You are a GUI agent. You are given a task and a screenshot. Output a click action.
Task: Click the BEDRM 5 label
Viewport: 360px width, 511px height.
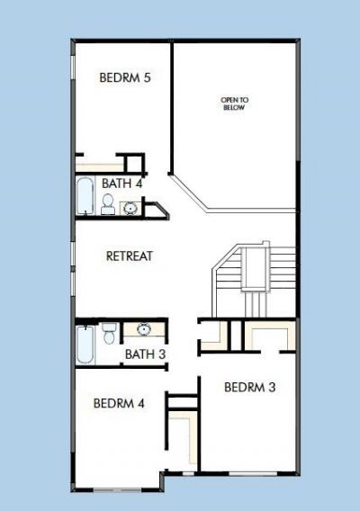pyautogui.click(x=124, y=78)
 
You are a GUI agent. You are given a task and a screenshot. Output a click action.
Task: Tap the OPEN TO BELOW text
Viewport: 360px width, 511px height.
pyautogui.click(x=234, y=103)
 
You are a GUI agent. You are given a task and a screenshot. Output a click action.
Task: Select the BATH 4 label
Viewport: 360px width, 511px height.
pyautogui.click(x=121, y=184)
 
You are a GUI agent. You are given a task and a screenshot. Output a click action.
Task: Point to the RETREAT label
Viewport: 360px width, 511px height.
pyautogui.click(x=130, y=255)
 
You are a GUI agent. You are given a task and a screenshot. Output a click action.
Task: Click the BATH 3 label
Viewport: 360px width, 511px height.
pyautogui.click(x=145, y=354)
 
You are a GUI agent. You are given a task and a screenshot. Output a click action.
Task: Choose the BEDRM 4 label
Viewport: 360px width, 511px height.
pyautogui.click(x=119, y=403)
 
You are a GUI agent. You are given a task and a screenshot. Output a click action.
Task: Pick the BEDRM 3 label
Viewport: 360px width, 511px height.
pyautogui.click(x=249, y=388)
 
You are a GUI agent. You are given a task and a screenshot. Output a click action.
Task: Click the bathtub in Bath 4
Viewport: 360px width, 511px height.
pyautogui.click(x=84, y=198)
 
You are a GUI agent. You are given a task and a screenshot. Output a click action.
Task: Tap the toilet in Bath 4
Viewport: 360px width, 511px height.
pyautogui.click(x=108, y=206)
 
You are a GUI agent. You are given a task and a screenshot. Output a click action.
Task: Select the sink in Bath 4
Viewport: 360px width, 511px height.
pyautogui.click(x=130, y=209)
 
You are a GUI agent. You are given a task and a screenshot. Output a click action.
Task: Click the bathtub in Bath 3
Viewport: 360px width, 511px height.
pyautogui.click(x=84, y=344)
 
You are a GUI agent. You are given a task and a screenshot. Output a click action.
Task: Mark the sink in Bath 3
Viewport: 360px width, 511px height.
pyautogui.click(x=143, y=330)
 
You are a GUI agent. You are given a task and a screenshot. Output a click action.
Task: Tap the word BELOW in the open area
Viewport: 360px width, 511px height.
pyautogui.click(x=234, y=108)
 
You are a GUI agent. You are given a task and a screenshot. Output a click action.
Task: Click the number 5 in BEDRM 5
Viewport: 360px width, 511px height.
pyautogui.click(x=147, y=78)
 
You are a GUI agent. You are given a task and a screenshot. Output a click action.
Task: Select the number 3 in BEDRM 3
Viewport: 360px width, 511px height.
pyautogui.click(x=272, y=388)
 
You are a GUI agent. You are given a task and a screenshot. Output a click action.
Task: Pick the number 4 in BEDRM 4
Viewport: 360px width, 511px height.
pyautogui.click(x=141, y=403)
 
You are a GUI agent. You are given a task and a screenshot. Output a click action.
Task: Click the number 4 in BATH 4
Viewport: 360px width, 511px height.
pyautogui.click(x=139, y=184)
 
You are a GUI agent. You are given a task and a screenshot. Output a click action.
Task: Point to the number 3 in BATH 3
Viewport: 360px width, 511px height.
pyautogui.click(x=162, y=354)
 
